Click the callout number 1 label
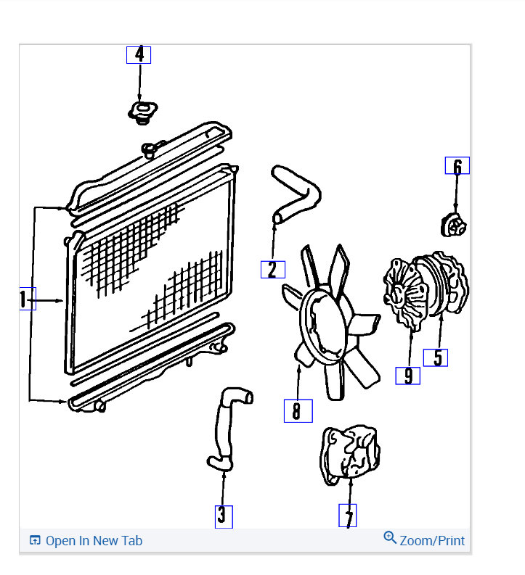27,298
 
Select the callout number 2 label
272,269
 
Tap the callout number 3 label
223,516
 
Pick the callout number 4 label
139,54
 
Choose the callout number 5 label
436,357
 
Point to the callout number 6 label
457,166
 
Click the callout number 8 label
297,411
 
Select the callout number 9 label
407,376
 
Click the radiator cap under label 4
142,112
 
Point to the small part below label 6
453,224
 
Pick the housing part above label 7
350,452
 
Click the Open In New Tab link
94,541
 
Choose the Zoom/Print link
431,541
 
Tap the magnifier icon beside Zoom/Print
390,538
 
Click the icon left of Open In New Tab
34,541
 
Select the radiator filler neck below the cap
149,150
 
